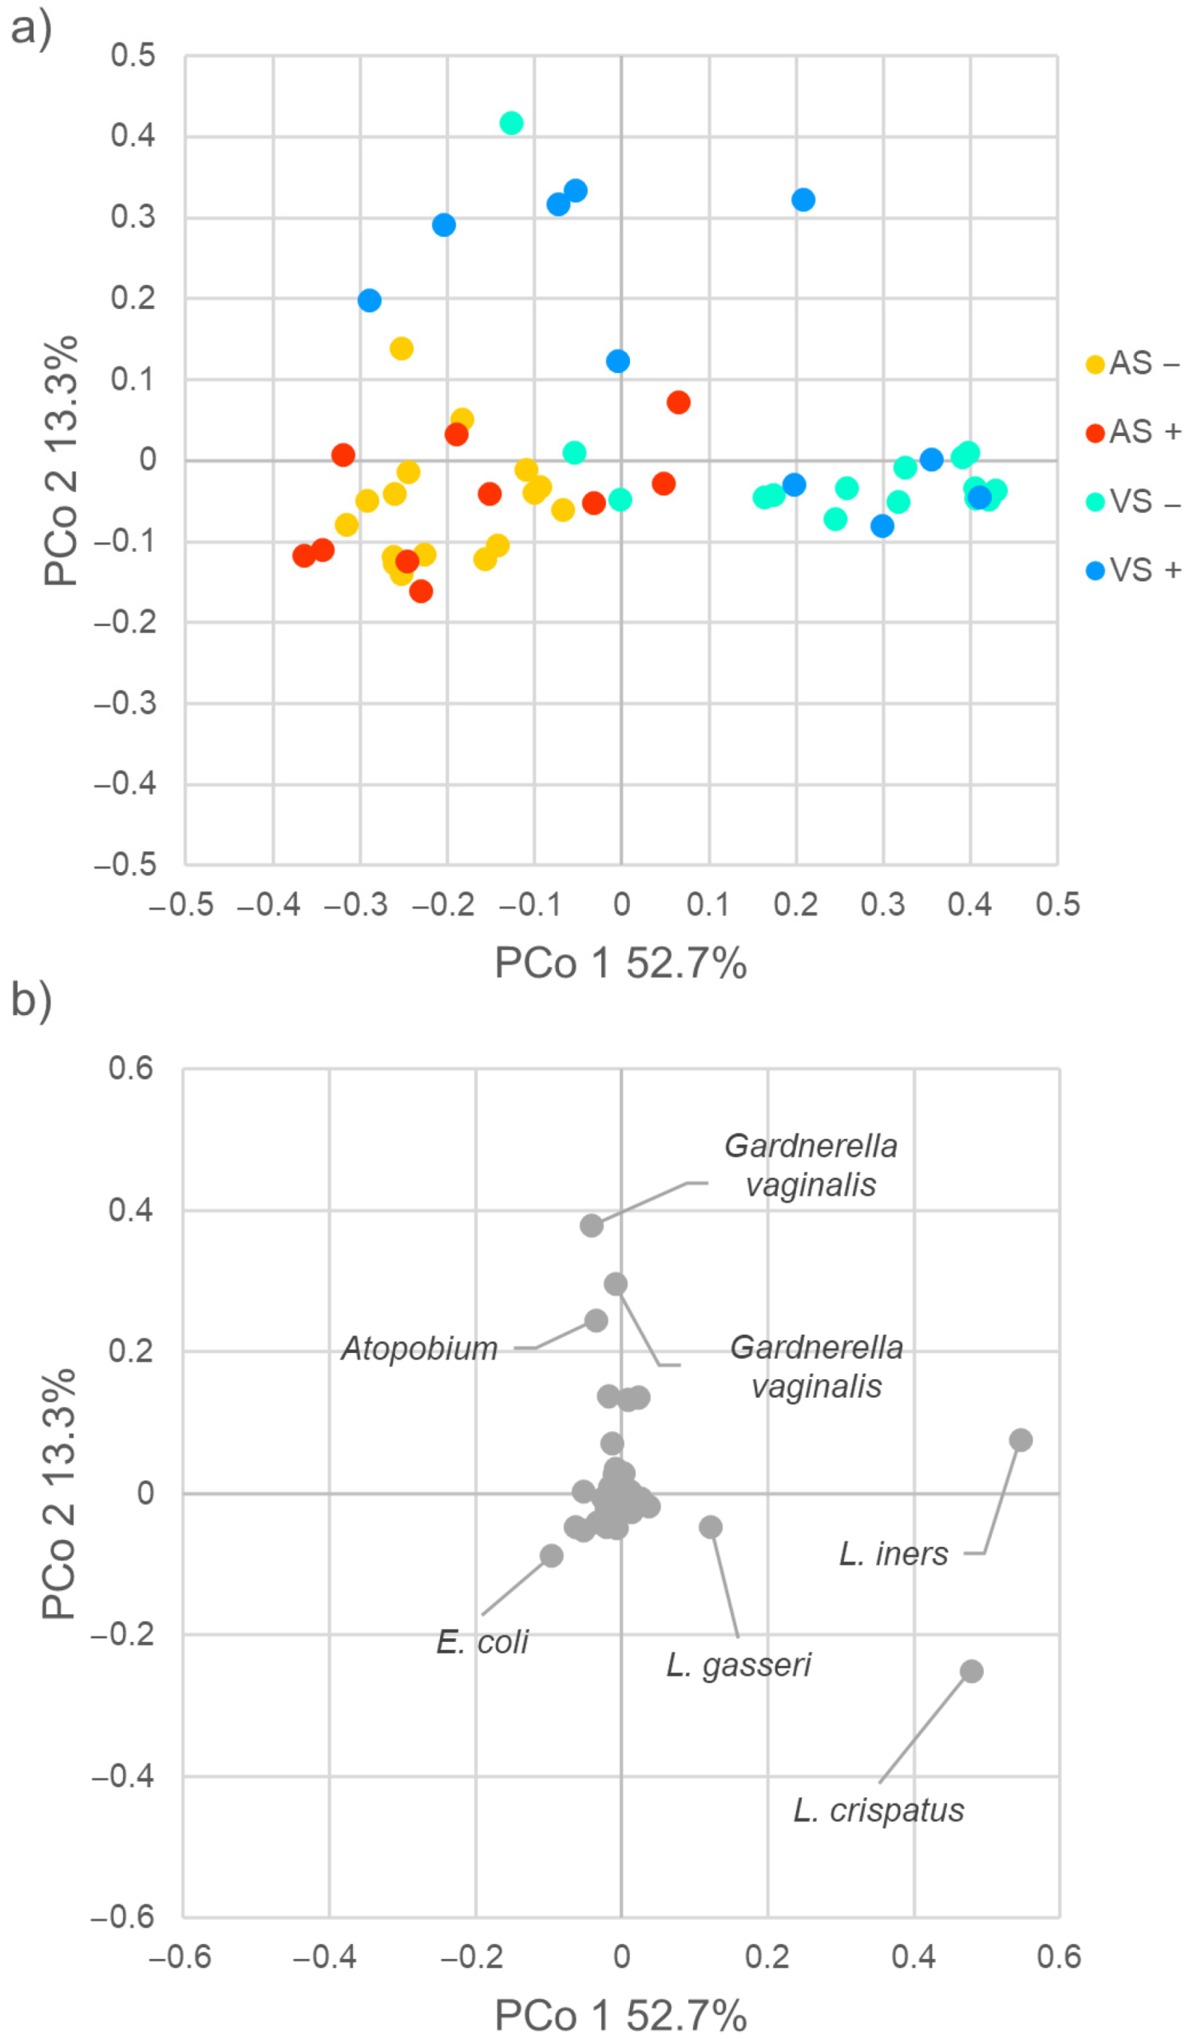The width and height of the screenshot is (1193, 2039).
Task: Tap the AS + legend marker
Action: (x=1095, y=433)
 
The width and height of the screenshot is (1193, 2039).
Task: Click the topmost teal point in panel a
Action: (x=511, y=123)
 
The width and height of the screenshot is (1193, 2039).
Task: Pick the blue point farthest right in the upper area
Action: (x=803, y=200)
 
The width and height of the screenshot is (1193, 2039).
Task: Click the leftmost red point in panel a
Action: (x=304, y=556)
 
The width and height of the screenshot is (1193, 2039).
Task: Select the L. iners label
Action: (x=893, y=1554)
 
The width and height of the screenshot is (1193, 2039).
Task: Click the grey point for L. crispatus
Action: (x=971, y=1672)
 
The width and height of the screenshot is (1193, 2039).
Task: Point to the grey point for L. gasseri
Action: (x=710, y=1528)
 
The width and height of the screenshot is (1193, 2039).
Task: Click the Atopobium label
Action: (x=419, y=1349)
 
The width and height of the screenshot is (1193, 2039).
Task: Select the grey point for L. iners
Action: (x=1021, y=1440)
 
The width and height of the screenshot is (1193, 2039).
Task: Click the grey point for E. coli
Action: (x=552, y=1555)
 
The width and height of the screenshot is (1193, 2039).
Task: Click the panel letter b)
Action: (x=30, y=998)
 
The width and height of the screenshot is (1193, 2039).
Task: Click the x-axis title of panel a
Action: (x=620, y=964)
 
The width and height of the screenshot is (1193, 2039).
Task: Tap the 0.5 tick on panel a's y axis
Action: (x=133, y=56)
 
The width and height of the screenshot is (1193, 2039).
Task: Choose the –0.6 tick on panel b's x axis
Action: (x=180, y=1957)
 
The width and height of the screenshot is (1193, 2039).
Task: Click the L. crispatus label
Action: (x=878, y=1811)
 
